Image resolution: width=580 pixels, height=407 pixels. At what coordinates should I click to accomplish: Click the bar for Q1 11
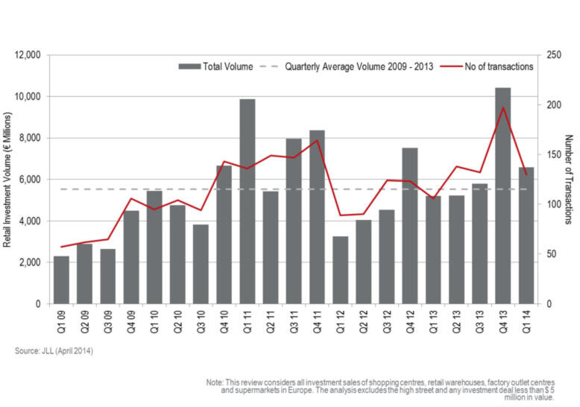247,201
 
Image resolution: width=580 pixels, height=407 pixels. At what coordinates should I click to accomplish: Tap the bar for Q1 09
61,280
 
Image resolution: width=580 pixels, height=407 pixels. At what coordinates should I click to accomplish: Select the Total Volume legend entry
216,66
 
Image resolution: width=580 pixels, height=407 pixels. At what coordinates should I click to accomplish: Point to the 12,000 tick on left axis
27,55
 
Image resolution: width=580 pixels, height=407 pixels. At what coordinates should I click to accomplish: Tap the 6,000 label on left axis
30,180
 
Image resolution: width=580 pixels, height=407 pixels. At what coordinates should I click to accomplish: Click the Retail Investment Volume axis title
9,180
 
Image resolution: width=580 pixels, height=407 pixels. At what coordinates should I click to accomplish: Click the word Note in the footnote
215,382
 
